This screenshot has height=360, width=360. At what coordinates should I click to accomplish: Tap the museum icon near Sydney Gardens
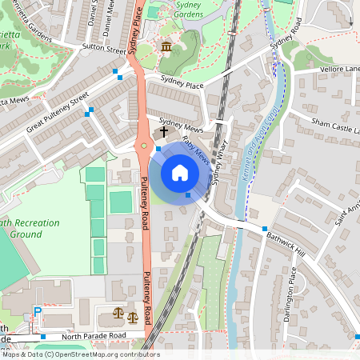[166, 49]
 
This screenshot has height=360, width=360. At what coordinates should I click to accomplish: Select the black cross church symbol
[164, 130]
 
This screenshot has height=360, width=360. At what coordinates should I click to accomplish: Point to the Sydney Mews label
[181, 126]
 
